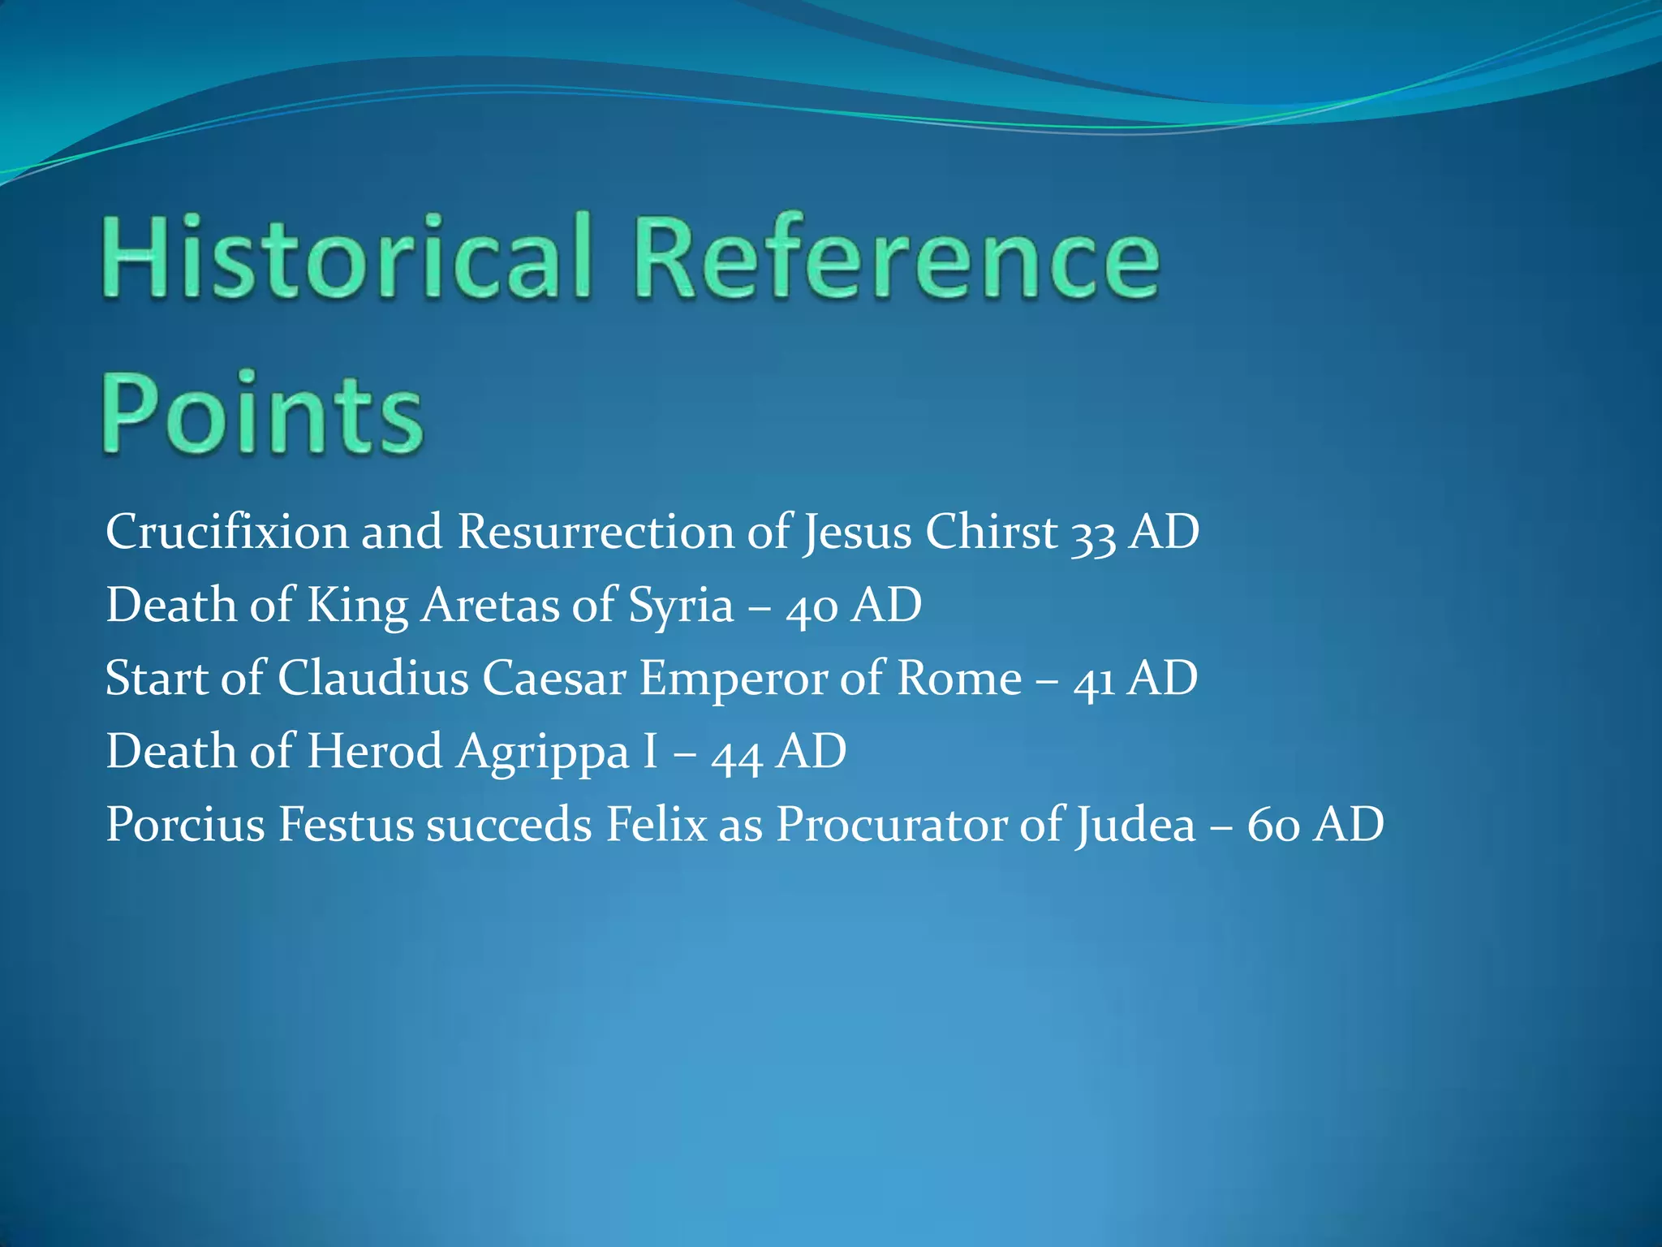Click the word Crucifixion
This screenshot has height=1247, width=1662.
pyautogui.click(x=226, y=533)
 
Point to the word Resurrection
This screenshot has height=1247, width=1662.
pyautogui.click(x=596, y=533)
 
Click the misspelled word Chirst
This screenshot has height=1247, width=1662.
pyautogui.click(x=992, y=533)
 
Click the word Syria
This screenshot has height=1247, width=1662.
pyautogui.click(x=680, y=607)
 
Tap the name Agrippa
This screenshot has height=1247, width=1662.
pyautogui.click(x=542, y=753)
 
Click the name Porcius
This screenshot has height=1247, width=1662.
pyautogui.click(x=185, y=825)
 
